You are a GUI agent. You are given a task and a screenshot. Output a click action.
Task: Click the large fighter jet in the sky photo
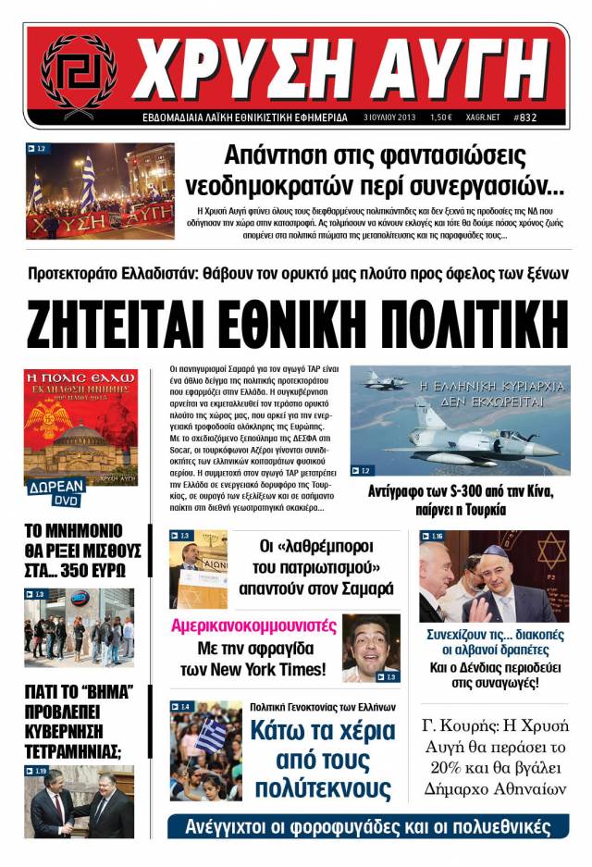[x=481, y=428]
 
